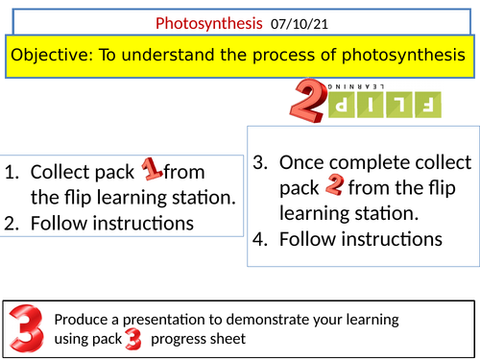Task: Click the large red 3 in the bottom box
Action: pyautogui.click(x=26, y=325)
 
